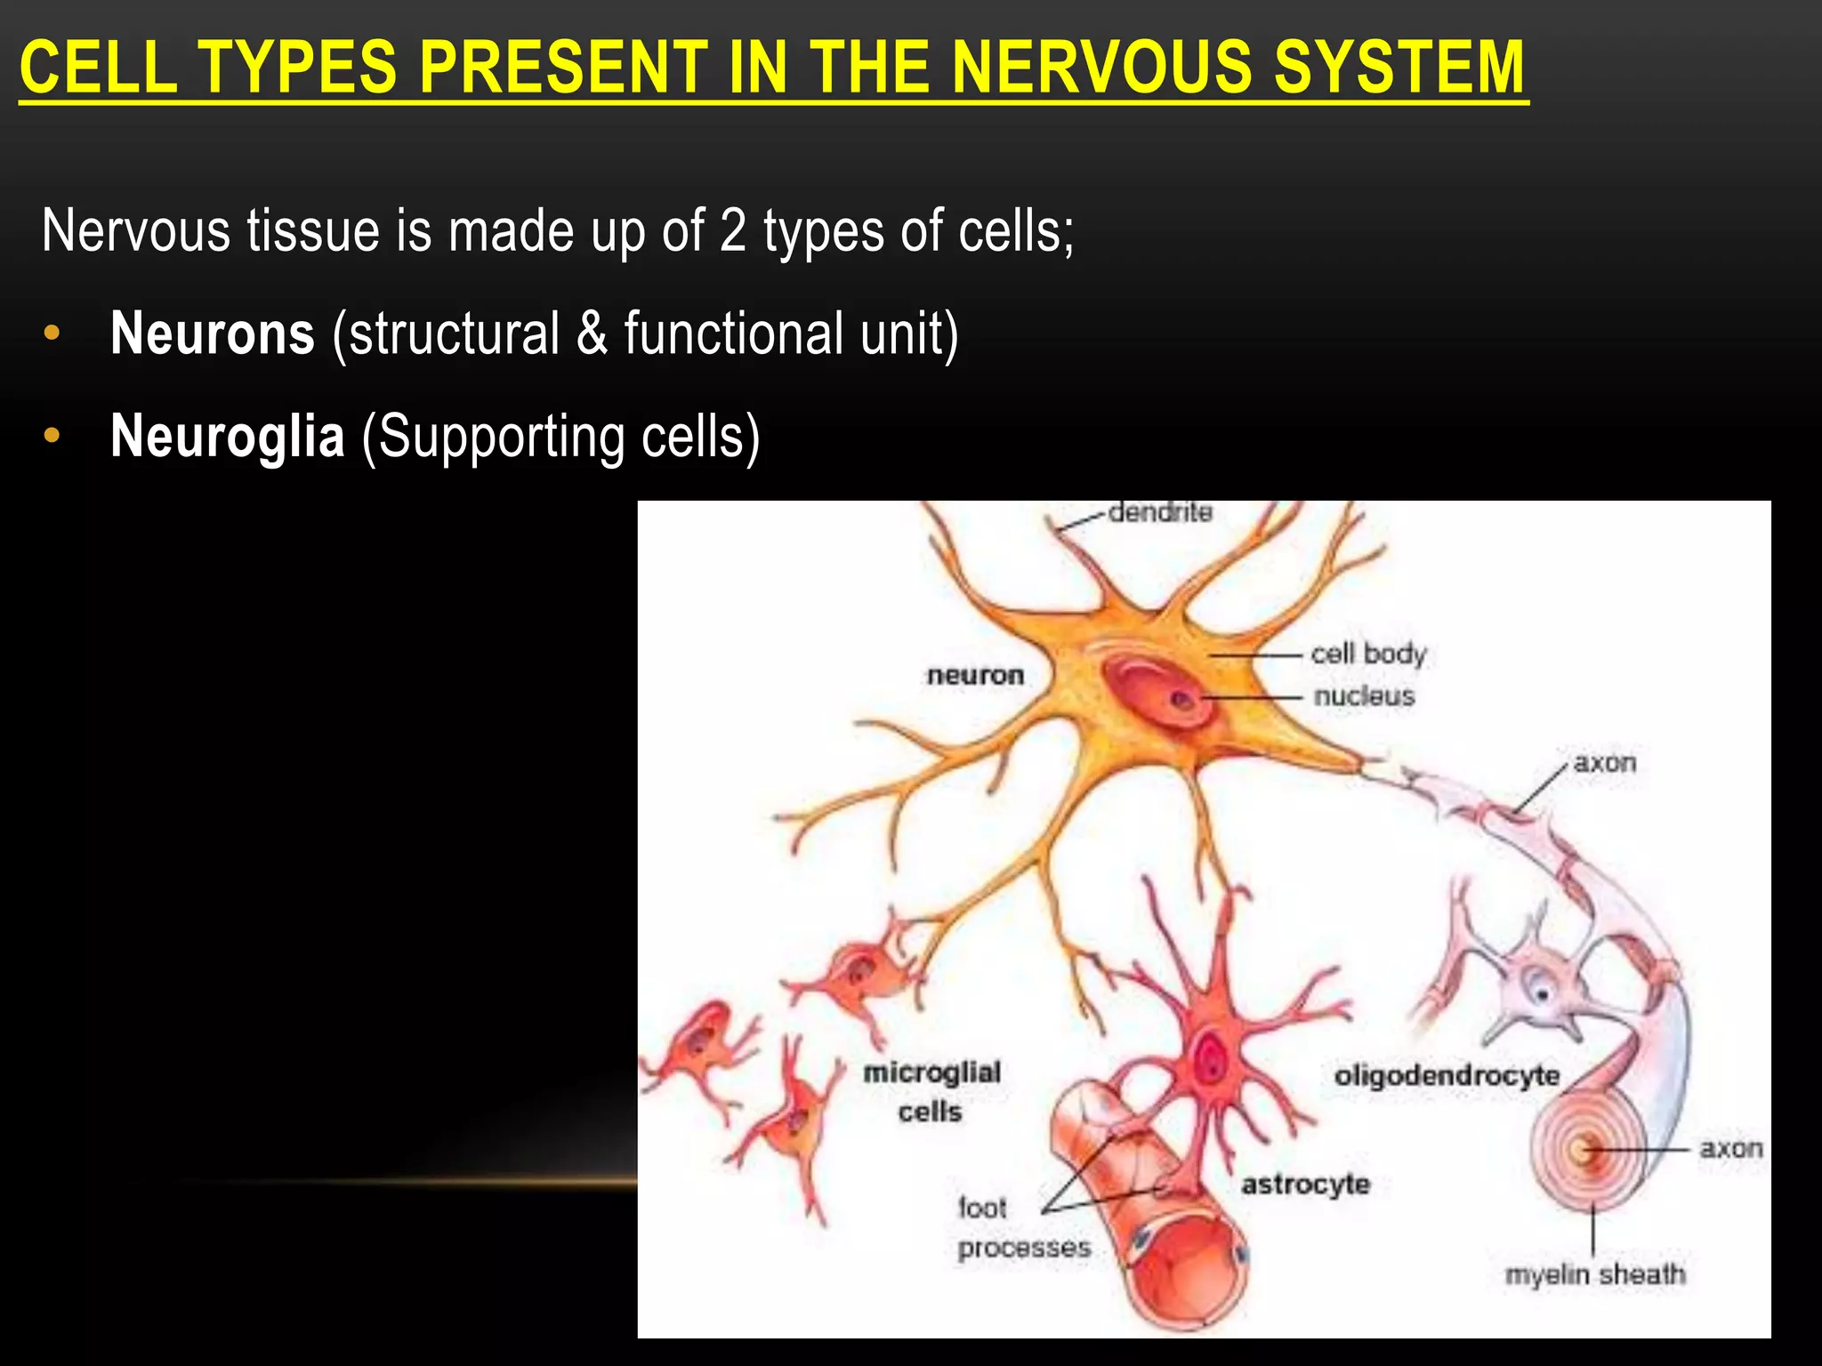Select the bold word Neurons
pos(213,333)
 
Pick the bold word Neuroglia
pos(228,437)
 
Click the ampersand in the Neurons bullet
pos(592,333)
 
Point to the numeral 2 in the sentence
pos(732,230)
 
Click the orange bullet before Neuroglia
pos(52,437)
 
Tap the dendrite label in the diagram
pos(1159,513)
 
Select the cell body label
pos(1368,654)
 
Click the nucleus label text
pos(1364,695)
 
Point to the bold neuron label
pos(975,675)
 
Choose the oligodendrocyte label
pos(1447,1076)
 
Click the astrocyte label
pos(1305,1185)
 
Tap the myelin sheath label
pos(1594,1275)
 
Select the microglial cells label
pos(931,1091)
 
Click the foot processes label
pos(1023,1228)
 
